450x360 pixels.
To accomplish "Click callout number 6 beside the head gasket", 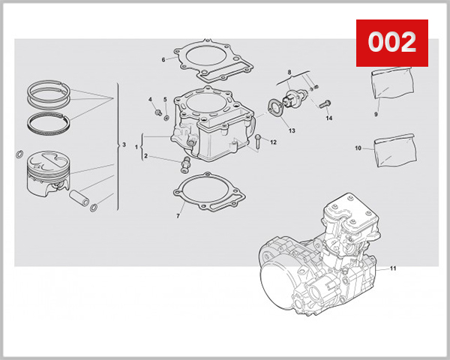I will point(163,59).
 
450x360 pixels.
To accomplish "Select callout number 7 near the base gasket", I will point(178,216).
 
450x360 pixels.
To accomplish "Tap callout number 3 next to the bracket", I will point(124,144).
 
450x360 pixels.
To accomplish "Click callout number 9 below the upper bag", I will point(376,115).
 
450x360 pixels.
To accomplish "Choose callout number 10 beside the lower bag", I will point(358,148).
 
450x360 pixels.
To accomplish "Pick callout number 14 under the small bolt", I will point(328,118).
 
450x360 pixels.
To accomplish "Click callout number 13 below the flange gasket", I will point(291,130).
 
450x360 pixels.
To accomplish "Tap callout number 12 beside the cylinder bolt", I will point(274,142).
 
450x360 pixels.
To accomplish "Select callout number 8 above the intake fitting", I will point(288,71).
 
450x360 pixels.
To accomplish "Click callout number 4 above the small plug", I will point(150,100).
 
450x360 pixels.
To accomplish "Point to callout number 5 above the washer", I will point(165,100).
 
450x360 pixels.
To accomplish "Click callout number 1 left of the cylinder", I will point(136,146).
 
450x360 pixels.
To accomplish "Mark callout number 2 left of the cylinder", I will point(146,156).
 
